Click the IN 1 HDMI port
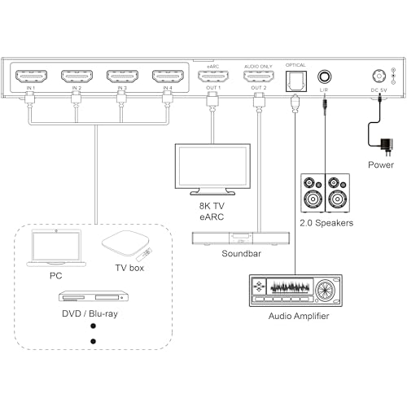(31, 77)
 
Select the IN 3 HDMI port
(122, 77)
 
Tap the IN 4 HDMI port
(168, 77)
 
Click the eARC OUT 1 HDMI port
(213, 77)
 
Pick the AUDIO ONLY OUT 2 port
(259, 77)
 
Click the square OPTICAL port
(296, 81)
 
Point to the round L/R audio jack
(325, 77)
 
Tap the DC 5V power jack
(379, 77)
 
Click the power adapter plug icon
(387, 147)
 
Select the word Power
(381, 165)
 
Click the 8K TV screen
(212, 166)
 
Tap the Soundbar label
(241, 253)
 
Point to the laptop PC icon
(56, 248)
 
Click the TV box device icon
(127, 244)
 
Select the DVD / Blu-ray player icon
(94, 296)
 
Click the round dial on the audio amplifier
(325, 290)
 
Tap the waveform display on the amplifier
(290, 287)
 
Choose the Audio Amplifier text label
(299, 316)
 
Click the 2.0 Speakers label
(326, 223)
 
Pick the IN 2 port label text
(77, 88)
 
